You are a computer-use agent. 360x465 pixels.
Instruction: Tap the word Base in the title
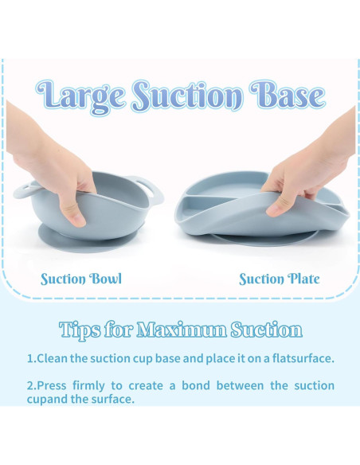click(x=288, y=95)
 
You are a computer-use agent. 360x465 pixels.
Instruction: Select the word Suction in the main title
click(x=187, y=95)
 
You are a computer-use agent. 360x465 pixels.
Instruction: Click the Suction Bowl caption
click(x=81, y=279)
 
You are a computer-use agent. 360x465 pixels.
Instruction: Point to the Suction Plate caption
click(x=280, y=279)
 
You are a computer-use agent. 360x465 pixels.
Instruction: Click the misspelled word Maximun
click(x=182, y=329)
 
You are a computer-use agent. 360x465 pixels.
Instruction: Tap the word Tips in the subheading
click(x=80, y=330)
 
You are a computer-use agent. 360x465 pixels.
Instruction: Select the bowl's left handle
click(x=24, y=191)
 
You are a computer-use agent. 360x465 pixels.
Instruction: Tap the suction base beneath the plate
click(x=264, y=238)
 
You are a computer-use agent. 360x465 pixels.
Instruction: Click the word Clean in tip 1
click(x=52, y=358)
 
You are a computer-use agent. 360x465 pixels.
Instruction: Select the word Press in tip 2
click(x=52, y=385)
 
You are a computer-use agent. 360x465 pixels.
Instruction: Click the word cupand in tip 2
click(x=48, y=400)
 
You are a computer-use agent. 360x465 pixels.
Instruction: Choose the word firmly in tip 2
click(x=88, y=386)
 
